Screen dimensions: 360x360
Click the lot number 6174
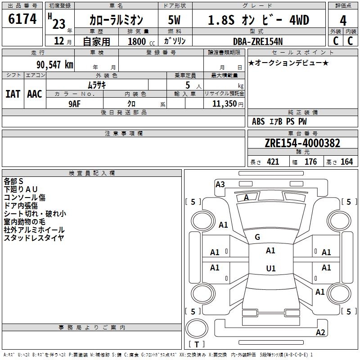22,19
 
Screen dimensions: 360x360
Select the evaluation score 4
343,20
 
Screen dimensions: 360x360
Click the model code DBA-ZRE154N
258,41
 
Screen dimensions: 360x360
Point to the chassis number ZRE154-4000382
302,143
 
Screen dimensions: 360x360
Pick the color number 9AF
74,103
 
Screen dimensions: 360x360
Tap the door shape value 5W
174,20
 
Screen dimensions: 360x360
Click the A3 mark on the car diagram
220,184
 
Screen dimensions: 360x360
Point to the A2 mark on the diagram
320,333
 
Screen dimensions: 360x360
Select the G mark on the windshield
257,237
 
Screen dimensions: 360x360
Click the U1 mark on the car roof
270,268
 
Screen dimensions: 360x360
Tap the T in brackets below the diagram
197,345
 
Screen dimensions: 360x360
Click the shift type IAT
13,94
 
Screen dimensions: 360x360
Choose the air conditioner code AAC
34,94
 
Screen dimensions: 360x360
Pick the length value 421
273,162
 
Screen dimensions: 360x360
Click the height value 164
346,162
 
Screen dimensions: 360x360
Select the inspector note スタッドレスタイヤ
34,238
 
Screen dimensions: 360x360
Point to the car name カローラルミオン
116,20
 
